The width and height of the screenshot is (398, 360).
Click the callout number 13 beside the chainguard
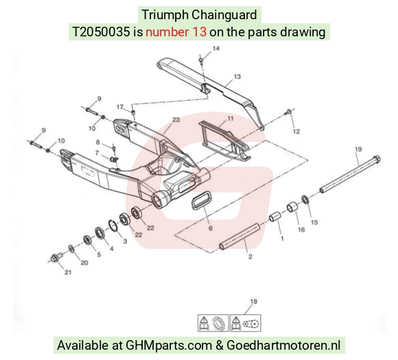(x=237, y=76)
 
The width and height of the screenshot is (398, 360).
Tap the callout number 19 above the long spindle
(x=358, y=149)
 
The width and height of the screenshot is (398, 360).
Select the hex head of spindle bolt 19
(x=377, y=159)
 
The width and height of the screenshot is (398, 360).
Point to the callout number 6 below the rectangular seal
(x=211, y=228)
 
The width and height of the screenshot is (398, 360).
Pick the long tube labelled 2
(x=239, y=237)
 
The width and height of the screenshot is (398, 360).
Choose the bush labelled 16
(x=293, y=207)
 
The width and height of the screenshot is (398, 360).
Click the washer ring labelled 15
(x=305, y=200)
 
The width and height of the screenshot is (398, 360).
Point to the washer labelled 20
(x=71, y=249)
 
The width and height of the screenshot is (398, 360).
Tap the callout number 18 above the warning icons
(x=254, y=302)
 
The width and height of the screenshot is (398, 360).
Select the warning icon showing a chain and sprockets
(x=246, y=323)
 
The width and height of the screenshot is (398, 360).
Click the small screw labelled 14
(x=201, y=60)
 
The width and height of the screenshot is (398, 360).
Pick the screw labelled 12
(x=288, y=112)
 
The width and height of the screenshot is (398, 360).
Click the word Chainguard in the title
(x=224, y=14)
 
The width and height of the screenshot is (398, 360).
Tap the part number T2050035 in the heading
(x=101, y=32)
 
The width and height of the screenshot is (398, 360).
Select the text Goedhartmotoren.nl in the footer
(x=283, y=346)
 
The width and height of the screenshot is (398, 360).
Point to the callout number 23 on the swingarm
(x=176, y=119)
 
